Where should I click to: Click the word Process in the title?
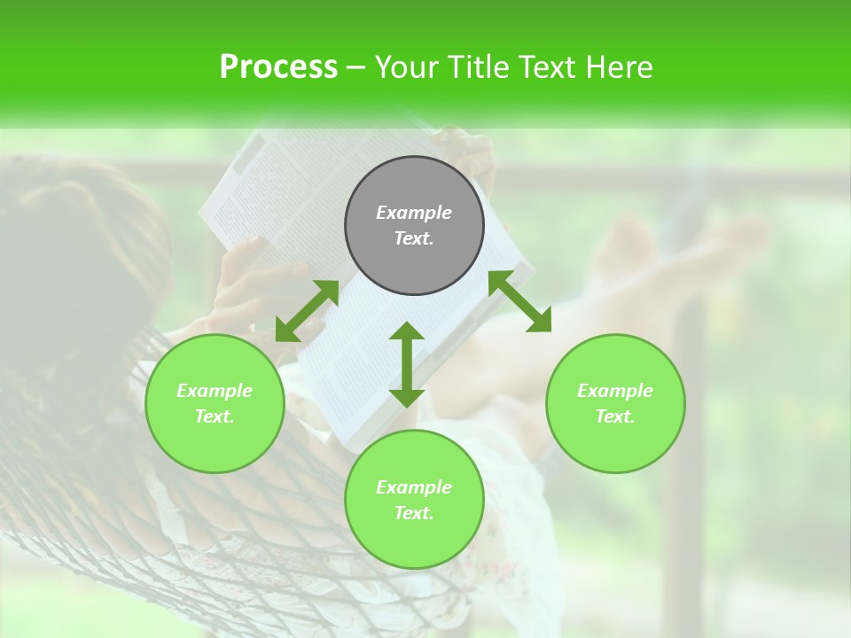(x=278, y=67)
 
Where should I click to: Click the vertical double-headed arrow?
(x=407, y=364)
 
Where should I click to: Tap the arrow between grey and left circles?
(x=307, y=311)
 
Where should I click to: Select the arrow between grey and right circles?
(x=520, y=301)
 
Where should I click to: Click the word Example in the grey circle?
(x=414, y=213)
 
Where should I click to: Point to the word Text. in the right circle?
(x=615, y=416)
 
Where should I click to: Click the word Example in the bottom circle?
(x=414, y=487)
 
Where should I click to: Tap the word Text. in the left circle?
(x=215, y=416)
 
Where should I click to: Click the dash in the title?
(x=356, y=67)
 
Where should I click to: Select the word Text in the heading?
(x=544, y=67)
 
